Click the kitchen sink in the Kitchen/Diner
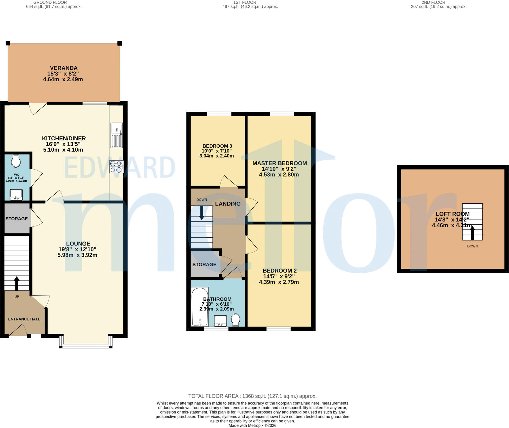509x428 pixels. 117,135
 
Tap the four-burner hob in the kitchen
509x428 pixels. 117,166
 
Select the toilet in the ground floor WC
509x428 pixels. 16,161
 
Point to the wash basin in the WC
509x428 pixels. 16,195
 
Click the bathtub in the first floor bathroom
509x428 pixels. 200,307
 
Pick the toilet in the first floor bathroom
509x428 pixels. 235,320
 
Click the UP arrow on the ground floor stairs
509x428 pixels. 17,283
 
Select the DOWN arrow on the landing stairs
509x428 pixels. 202,213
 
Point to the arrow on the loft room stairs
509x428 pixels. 472,233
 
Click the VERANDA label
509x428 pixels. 64,68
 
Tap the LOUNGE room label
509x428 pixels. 78,244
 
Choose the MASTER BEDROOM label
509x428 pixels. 280,163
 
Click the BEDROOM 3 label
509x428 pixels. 217,146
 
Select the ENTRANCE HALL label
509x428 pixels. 24,319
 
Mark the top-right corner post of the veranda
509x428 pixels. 120,43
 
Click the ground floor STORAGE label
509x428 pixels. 17,219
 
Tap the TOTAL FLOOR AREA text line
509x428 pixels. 253,396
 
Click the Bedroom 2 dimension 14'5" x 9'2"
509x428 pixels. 279,276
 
